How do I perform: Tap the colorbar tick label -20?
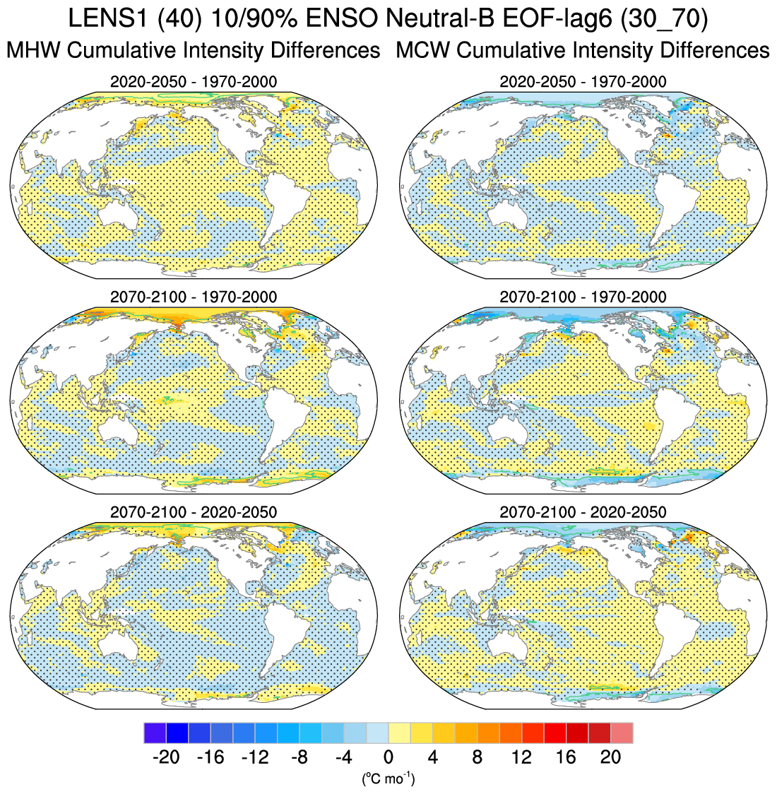pos(166,757)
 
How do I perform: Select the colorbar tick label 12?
pos(521,757)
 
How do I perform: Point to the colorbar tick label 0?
pos(389,757)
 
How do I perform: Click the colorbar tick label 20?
pos(610,757)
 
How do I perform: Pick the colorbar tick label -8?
pos(299,757)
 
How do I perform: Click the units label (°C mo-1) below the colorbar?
pos(389,778)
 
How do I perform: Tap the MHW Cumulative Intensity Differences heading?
pos(193,51)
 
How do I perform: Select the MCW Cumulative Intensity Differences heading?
pos(583,51)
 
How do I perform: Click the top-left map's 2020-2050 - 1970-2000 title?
pos(194,82)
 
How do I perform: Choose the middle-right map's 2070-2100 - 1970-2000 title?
pos(583,297)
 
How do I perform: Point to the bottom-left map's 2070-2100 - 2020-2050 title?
pos(194,511)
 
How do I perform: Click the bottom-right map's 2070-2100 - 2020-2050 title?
pos(583,511)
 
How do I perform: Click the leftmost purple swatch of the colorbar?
pos(155,733)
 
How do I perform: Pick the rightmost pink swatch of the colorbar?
pos(622,733)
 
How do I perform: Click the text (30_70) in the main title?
pos(663,19)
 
